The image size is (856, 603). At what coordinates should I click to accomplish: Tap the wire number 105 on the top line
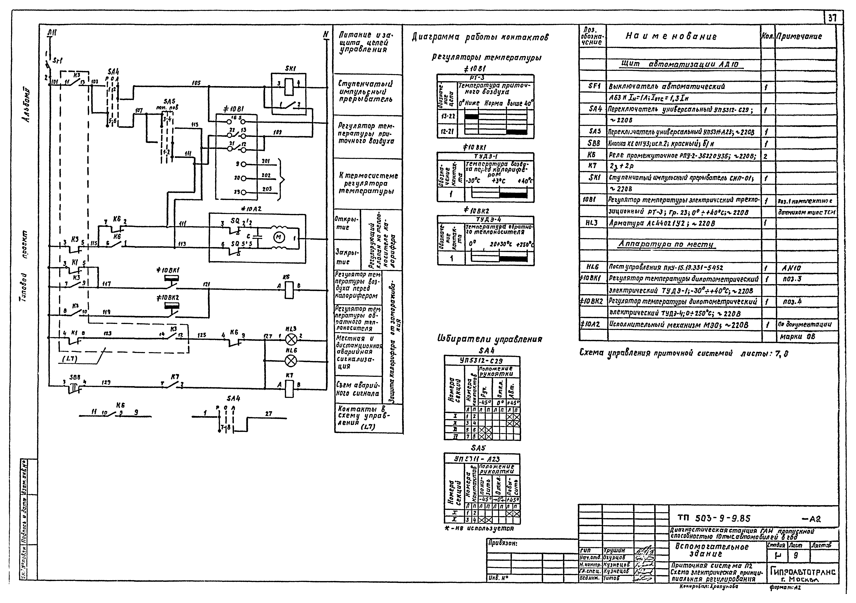(196, 83)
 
